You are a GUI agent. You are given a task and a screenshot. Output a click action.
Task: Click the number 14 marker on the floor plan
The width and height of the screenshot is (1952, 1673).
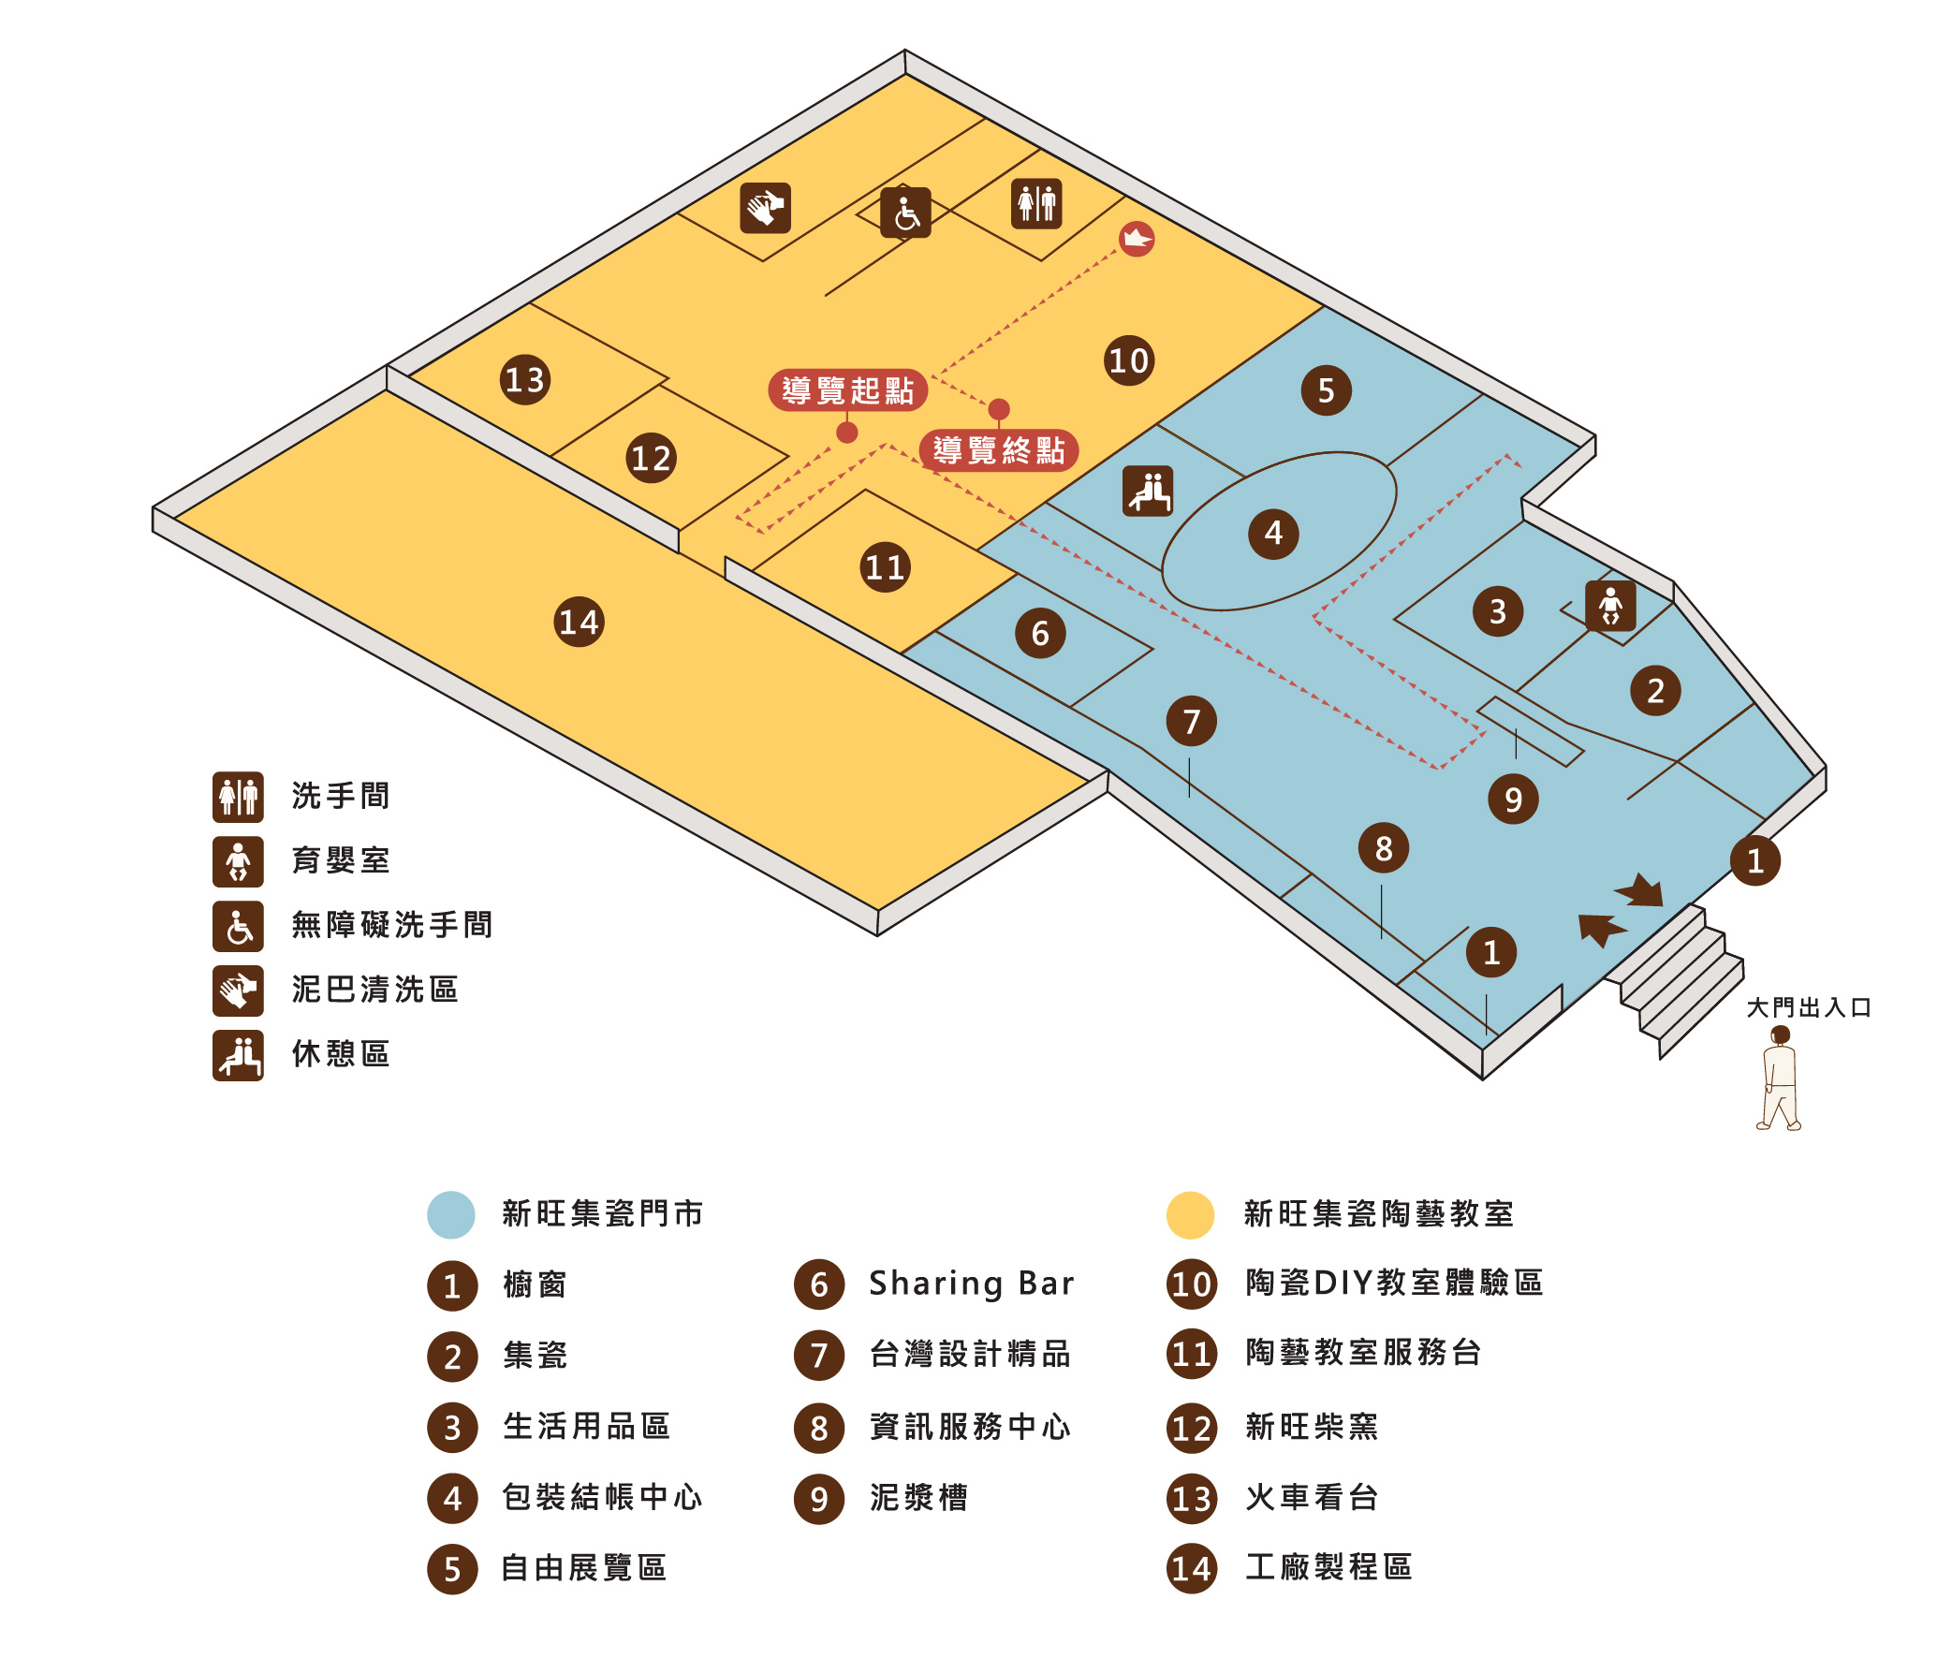tap(579, 622)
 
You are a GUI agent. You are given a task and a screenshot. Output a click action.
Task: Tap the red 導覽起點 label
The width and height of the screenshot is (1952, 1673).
tap(848, 390)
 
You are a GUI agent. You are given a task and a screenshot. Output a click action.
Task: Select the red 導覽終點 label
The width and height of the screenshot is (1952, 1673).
tap(999, 450)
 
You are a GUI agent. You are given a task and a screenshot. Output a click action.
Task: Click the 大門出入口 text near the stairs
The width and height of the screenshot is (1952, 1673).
tap(1808, 1008)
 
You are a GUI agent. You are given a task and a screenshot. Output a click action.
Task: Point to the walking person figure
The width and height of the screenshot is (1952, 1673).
tap(1779, 1079)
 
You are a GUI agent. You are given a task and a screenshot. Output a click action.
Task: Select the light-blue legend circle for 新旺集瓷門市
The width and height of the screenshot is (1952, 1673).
tap(451, 1214)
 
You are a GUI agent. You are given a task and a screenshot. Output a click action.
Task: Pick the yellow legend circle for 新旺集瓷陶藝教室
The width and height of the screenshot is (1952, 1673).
tap(1191, 1214)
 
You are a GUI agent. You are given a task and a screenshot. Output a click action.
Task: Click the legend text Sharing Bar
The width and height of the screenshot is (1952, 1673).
tap(971, 1284)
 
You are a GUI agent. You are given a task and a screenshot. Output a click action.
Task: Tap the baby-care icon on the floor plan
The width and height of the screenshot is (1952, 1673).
tap(1610, 606)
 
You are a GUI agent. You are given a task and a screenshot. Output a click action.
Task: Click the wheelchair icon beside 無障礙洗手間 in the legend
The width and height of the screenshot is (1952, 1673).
tap(239, 926)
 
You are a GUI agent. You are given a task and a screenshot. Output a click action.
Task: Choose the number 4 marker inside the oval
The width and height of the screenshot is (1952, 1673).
tap(1273, 535)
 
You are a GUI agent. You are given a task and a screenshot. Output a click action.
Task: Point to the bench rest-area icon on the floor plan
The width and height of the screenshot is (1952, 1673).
tap(1148, 491)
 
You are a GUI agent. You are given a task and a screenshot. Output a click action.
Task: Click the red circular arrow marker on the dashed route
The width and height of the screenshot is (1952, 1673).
tap(1137, 240)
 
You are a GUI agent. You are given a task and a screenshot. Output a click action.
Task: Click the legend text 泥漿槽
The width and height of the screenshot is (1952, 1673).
tap(918, 1498)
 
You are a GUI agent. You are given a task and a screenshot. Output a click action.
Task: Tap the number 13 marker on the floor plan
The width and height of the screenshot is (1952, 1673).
tap(524, 379)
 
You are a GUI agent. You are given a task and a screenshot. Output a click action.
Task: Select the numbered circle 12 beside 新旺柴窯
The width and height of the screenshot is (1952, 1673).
tap(1192, 1428)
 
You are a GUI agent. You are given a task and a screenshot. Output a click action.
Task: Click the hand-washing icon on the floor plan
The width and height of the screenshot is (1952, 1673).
tap(765, 208)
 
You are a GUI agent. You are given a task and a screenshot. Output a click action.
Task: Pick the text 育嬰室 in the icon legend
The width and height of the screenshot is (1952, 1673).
tap(340, 861)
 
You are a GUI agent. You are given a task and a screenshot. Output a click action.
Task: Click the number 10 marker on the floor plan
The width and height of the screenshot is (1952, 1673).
tap(1129, 360)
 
